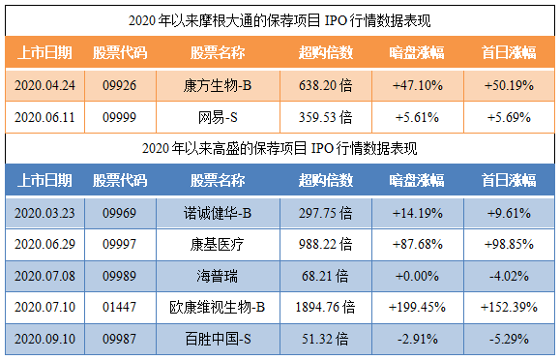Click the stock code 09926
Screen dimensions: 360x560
click(x=119, y=85)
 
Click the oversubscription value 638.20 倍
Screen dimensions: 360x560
click(x=325, y=85)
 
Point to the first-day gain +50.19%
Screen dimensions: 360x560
click(x=509, y=85)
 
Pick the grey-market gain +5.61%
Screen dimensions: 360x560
click(x=417, y=117)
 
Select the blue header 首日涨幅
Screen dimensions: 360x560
click(x=509, y=180)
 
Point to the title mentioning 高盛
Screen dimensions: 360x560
click(x=280, y=148)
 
